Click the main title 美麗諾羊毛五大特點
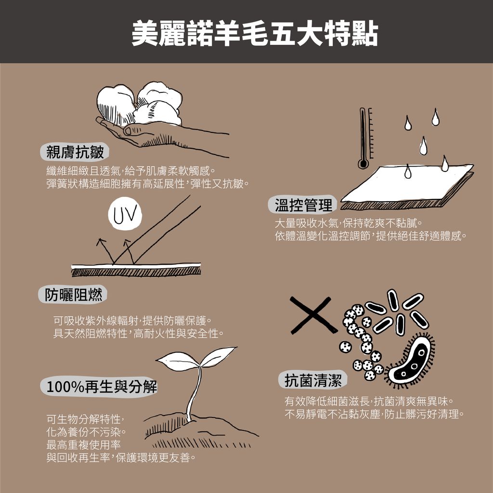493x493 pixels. click(255, 34)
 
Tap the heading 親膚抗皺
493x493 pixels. click(75, 152)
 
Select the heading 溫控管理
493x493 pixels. click(303, 205)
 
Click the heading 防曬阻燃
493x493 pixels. click(73, 295)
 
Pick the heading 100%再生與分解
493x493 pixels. click(102, 387)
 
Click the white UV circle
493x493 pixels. click(125, 214)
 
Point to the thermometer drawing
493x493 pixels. click(366, 138)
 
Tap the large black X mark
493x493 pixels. click(313, 315)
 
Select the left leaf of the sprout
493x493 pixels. click(178, 360)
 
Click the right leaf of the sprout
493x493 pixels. click(219, 356)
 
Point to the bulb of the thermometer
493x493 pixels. click(363, 164)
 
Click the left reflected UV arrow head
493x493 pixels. click(101, 242)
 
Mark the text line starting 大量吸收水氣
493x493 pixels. click(348, 223)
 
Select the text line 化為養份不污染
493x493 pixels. click(86, 432)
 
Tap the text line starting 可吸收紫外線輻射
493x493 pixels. click(132, 321)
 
